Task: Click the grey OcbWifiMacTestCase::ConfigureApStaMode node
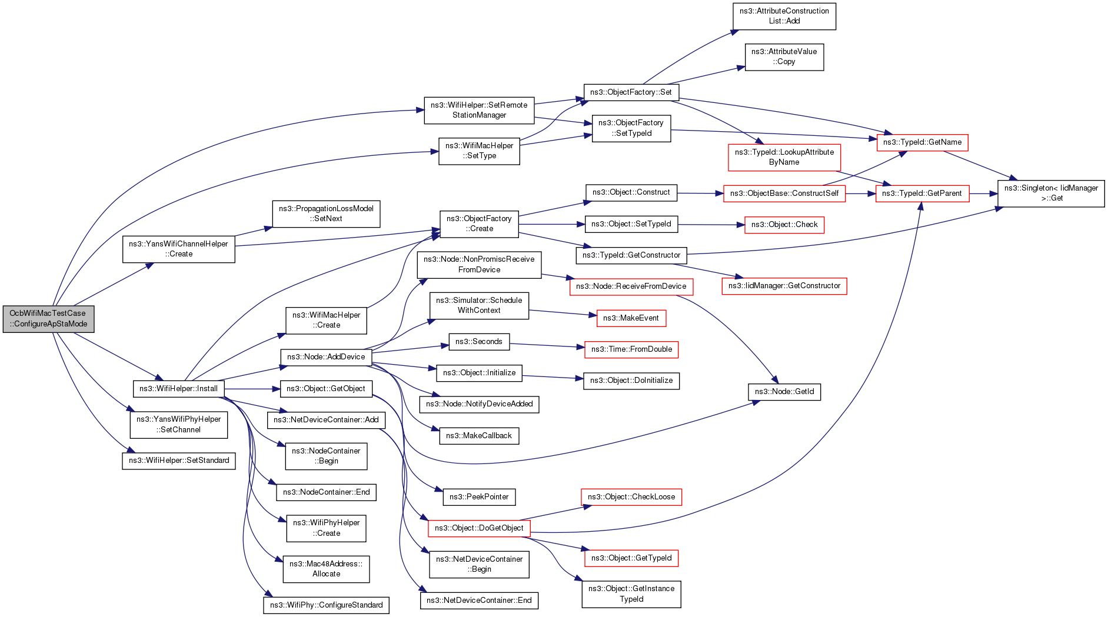click(x=48, y=319)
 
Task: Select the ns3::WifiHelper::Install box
click(x=178, y=389)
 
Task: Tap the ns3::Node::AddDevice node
click(x=326, y=357)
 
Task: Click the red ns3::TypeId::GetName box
click(x=922, y=142)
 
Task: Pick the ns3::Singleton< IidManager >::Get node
click(x=1051, y=194)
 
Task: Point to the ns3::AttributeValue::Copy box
click(x=784, y=57)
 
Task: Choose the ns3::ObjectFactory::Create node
click(x=479, y=224)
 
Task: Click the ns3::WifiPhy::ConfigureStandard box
click(x=326, y=605)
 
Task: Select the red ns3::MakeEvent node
click(x=631, y=318)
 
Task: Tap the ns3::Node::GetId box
click(x=784, y=392)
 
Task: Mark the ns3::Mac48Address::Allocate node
click(x=326, y=569)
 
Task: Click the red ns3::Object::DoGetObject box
click(x=479, y=528)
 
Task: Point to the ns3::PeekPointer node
click(x=479, y=497)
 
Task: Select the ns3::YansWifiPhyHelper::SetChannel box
click(x=178, y=425)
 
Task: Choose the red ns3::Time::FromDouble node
click(x=631, y=349)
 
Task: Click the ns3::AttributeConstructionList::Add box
click(x=784, y=16)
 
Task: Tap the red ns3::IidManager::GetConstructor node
click(x=784, y=286)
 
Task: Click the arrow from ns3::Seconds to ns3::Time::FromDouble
click(x=547, y=345)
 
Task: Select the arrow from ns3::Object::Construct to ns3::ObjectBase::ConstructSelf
click(x=700, y=193)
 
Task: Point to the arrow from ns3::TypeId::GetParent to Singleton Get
click(x=983, y=194)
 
